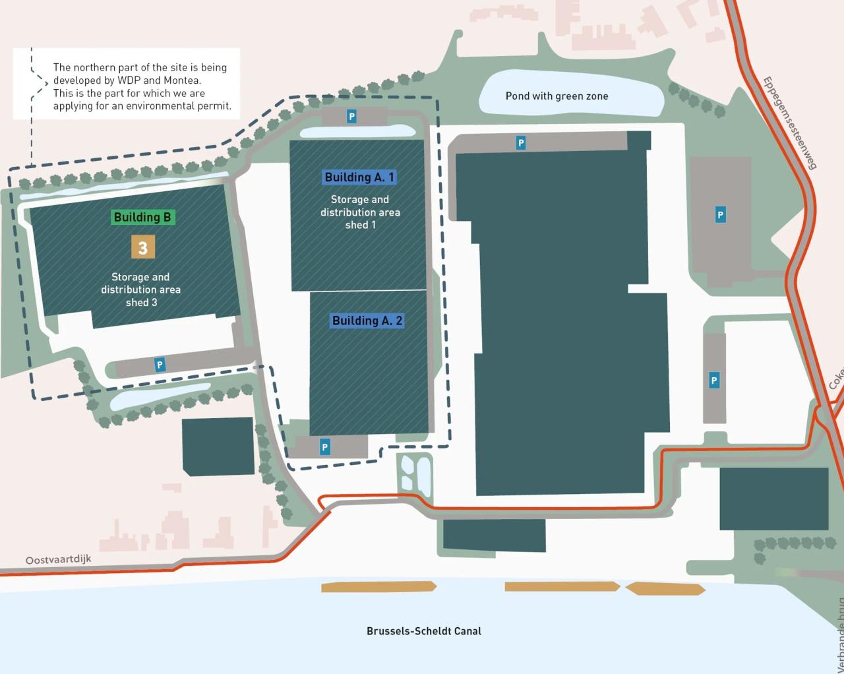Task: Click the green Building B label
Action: click(x=142, y=217)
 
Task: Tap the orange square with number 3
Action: click(x=142, y=248)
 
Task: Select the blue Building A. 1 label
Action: click(x=359, y=177)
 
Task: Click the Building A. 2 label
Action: click(x=367, y=321)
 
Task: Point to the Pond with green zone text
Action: click(x=557, y=96)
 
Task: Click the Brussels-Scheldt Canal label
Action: click(x=424, y=631)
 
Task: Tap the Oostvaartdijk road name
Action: click(x=58, y=560)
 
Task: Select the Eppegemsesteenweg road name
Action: click(x=789, y=123)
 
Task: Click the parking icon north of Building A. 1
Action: click(x=351, y=117)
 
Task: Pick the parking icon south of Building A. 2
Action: click(x=324, y=447)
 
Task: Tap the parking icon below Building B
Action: click(x=159, y=365)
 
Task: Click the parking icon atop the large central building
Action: click(x=521, y=142)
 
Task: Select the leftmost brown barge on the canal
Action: click(x=378, y=586)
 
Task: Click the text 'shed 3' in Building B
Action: click(x=141, y=303)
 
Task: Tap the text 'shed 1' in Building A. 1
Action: click(x=360, y=225)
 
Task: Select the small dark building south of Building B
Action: click(x=218, y=446)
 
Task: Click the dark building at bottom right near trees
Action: click(x=773, y=499)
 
